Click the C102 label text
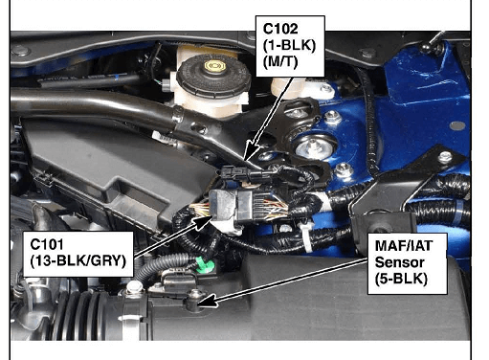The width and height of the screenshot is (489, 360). point(280,29)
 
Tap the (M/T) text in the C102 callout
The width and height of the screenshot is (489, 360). point(280,61)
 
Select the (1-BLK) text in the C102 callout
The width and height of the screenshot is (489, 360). point(289,45)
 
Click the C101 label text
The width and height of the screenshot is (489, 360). point(47,244)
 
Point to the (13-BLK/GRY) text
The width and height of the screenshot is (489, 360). point(78,260)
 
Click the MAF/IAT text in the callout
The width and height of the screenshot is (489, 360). point(404,245)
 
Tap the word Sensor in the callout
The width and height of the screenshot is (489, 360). point(399,262)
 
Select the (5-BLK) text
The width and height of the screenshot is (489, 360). point(401,279)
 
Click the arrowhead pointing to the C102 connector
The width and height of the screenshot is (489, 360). point(252,150)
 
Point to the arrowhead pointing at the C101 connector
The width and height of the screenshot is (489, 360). point(203,221)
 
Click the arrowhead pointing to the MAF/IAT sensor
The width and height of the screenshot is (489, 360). point(208,302)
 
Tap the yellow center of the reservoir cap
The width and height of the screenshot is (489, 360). point(215,66)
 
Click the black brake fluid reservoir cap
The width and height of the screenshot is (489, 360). point(213,76)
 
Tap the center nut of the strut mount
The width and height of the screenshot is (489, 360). point(313,147)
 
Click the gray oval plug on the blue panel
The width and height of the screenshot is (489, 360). point(456,125)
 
